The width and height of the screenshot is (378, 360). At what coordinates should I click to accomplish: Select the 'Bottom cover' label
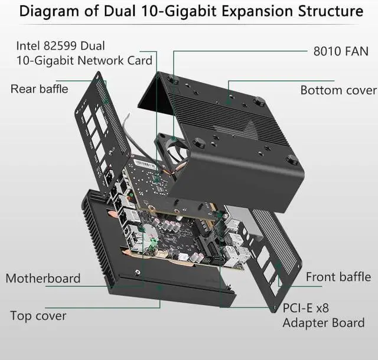pos(338,90)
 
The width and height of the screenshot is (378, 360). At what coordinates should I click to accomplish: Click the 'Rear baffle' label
pos(39,89)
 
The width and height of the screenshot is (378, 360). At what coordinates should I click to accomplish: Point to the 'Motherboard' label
pos(43,278)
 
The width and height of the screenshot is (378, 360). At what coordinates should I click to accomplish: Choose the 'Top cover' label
pos(38,316)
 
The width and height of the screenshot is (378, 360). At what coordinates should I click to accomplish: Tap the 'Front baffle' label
pos(338,277)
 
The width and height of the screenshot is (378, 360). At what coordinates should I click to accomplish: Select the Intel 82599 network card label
pos(84,53)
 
